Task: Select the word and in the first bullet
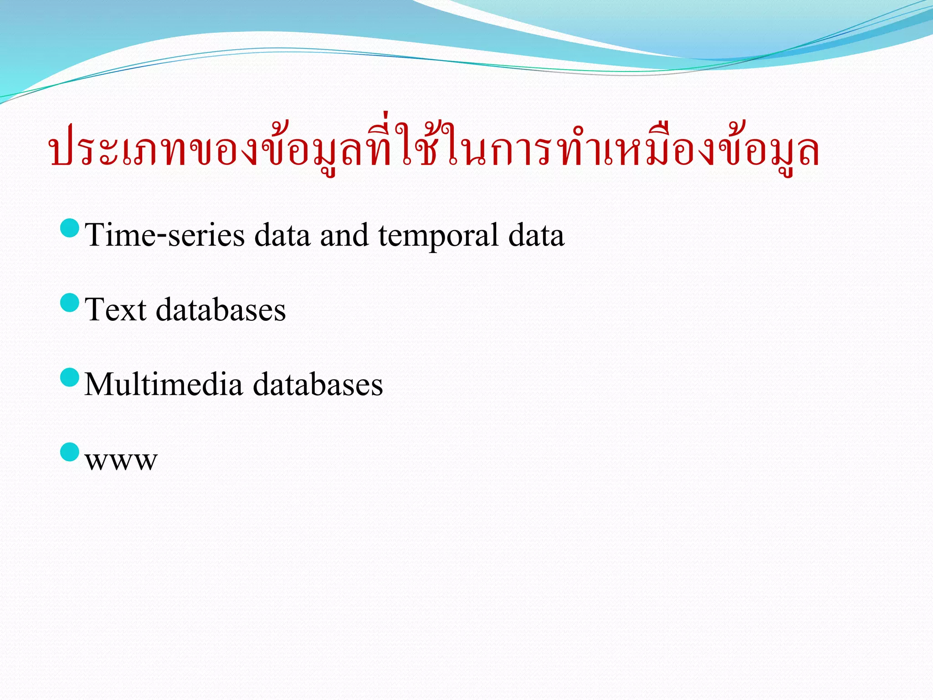(x=344, y=235)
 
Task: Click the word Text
(x=116, y=310)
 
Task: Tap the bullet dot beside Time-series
(x=70, y=228)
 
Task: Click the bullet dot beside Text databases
(x=70, y=303)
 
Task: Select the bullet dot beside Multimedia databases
(x=70, y=377)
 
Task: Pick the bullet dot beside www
(x=70, y=452)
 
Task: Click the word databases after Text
(x=221, y=310)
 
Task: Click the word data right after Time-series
(x=282, y=235)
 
